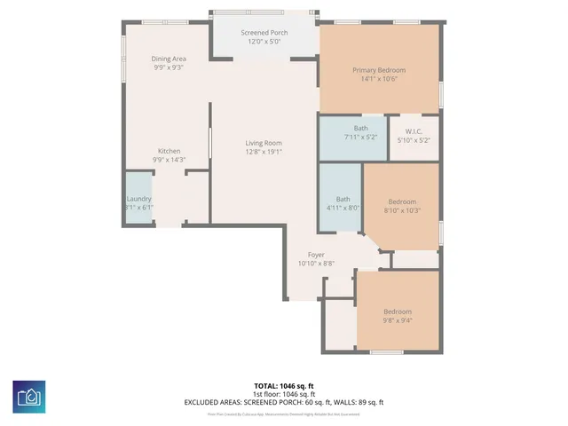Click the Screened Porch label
click(264, 33)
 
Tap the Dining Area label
click(168, 59)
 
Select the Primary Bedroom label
click(379, 70)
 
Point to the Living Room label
click(264, 143)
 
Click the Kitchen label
click(169, 151)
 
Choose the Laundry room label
click(138, 199)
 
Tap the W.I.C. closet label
click(413, 132)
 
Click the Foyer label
click(316, 255)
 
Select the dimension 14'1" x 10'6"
click(379, 79)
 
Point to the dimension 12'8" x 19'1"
click(264, 152)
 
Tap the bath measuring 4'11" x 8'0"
click(342, 203)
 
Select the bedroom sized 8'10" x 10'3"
click(402, 206)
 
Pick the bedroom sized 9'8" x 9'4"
click(397, 316)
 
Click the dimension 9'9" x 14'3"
click(169, 160)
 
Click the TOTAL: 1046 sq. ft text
click(283, 386)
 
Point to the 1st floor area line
click(283, 394)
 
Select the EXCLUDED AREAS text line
click(283, 402)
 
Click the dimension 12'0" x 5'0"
click(264, 42)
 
